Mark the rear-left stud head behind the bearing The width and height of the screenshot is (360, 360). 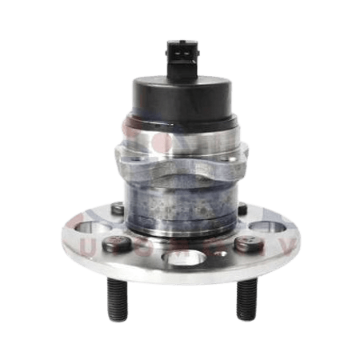(118, 209)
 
